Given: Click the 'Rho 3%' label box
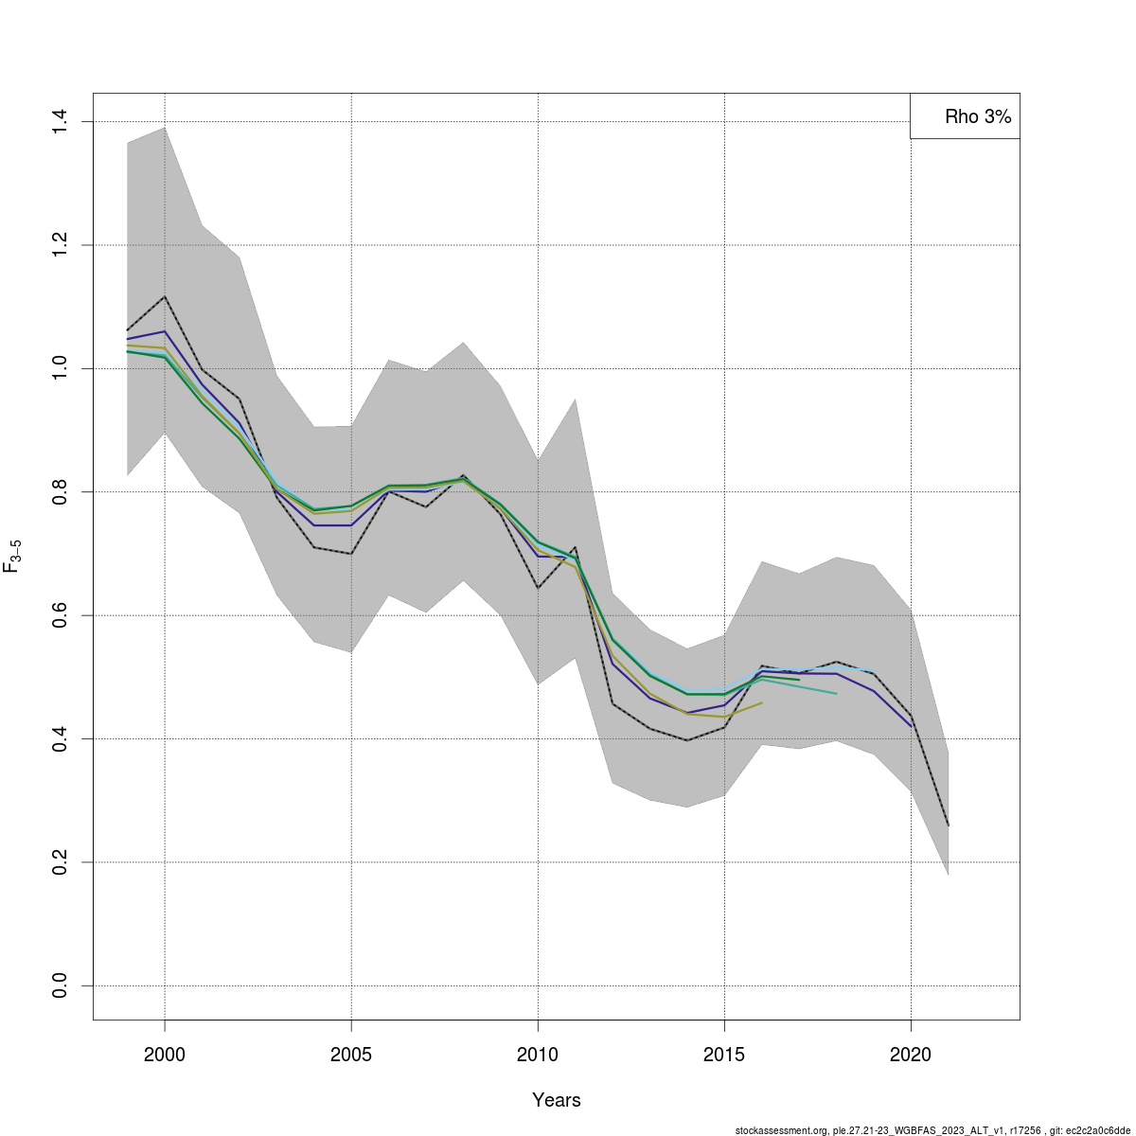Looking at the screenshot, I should [966, 116].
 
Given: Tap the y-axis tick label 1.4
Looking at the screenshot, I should [60, 122].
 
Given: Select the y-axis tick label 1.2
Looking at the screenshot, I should [60, 245].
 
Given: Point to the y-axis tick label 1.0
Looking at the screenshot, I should [60, 368].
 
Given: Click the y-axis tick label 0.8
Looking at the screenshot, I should [60, 492].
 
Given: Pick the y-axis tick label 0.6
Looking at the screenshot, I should [60, 615].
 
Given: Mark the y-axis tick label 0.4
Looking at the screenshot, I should [60, 738].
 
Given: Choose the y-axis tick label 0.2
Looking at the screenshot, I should [60, 862].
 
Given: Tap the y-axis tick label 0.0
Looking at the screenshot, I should [60, 985].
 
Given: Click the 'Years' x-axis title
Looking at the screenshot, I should [557, 1100].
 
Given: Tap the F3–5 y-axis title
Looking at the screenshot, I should [13, 557].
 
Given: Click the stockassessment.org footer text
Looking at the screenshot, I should [932, 1129].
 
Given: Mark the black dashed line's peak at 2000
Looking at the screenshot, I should [165, 296].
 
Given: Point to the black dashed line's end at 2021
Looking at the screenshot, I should [948, 825].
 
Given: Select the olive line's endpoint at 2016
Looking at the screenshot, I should [762, 702].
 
